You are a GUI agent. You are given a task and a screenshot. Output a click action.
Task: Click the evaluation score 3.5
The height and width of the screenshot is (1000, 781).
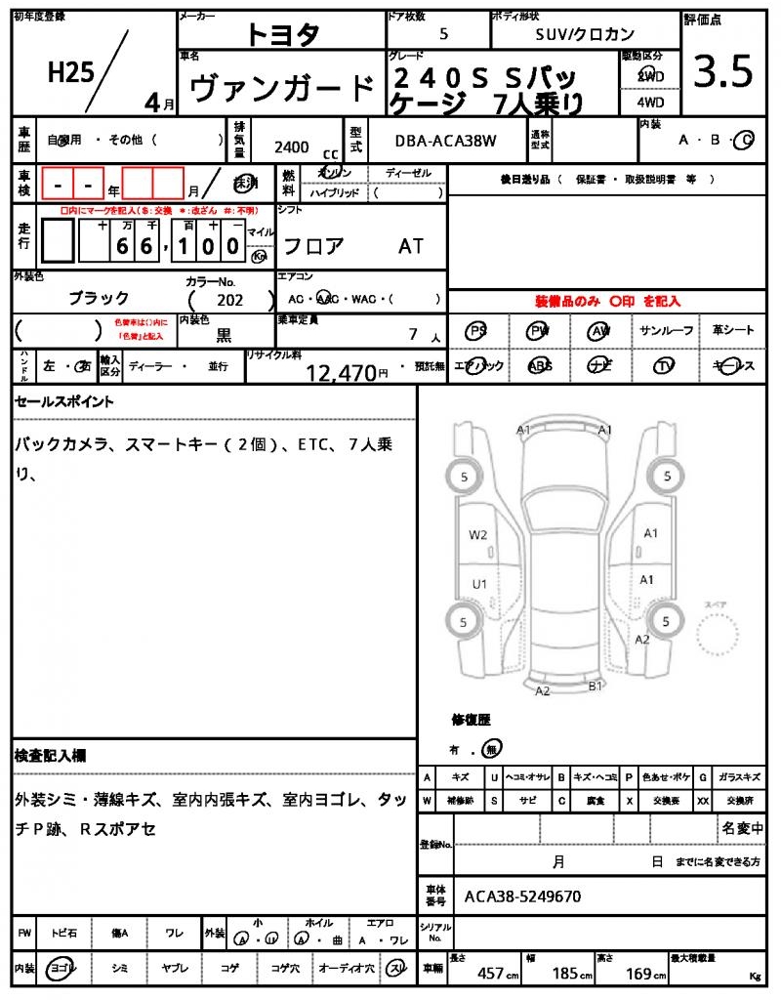(x=723, y=72)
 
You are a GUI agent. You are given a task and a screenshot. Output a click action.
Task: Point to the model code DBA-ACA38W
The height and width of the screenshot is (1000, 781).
(x=445, y=142)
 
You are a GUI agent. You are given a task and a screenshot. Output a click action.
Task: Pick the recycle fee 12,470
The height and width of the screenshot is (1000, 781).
(x=342, y=372)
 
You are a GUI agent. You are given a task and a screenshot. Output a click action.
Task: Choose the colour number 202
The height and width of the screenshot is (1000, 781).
(x=229, y=301)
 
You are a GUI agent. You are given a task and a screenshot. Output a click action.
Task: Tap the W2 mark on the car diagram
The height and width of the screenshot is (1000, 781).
(x=477, y=534)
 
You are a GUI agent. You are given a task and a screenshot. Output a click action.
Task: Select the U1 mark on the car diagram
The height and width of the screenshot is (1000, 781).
(x=479, y=584)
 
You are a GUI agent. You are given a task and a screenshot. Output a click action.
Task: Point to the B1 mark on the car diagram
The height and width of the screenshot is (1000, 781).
(x=595, y=687)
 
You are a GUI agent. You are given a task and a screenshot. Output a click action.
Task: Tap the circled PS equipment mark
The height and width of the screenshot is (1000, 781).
(x=477, y=331)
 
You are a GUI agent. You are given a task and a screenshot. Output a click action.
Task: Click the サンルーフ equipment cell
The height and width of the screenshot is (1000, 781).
(x=667, y=331)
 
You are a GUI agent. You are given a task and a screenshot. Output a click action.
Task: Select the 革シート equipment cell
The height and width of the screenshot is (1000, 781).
(x=732, y=331)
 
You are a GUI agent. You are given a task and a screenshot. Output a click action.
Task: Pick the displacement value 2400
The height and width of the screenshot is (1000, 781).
(x=292, y=146)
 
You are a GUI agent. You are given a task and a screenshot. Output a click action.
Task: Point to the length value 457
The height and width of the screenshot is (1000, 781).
(x=490, y=974)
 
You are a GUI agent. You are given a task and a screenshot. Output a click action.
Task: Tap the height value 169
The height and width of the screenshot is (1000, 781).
(x=639, y=974)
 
